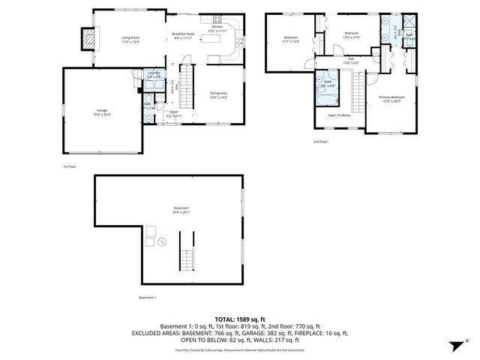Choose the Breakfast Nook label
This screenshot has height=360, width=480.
183,35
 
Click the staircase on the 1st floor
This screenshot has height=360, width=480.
190,78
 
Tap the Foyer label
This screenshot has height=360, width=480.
173,115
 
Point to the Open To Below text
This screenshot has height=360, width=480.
340,115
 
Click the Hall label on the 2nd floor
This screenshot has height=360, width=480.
350,60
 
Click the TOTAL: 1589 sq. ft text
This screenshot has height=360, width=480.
239,319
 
